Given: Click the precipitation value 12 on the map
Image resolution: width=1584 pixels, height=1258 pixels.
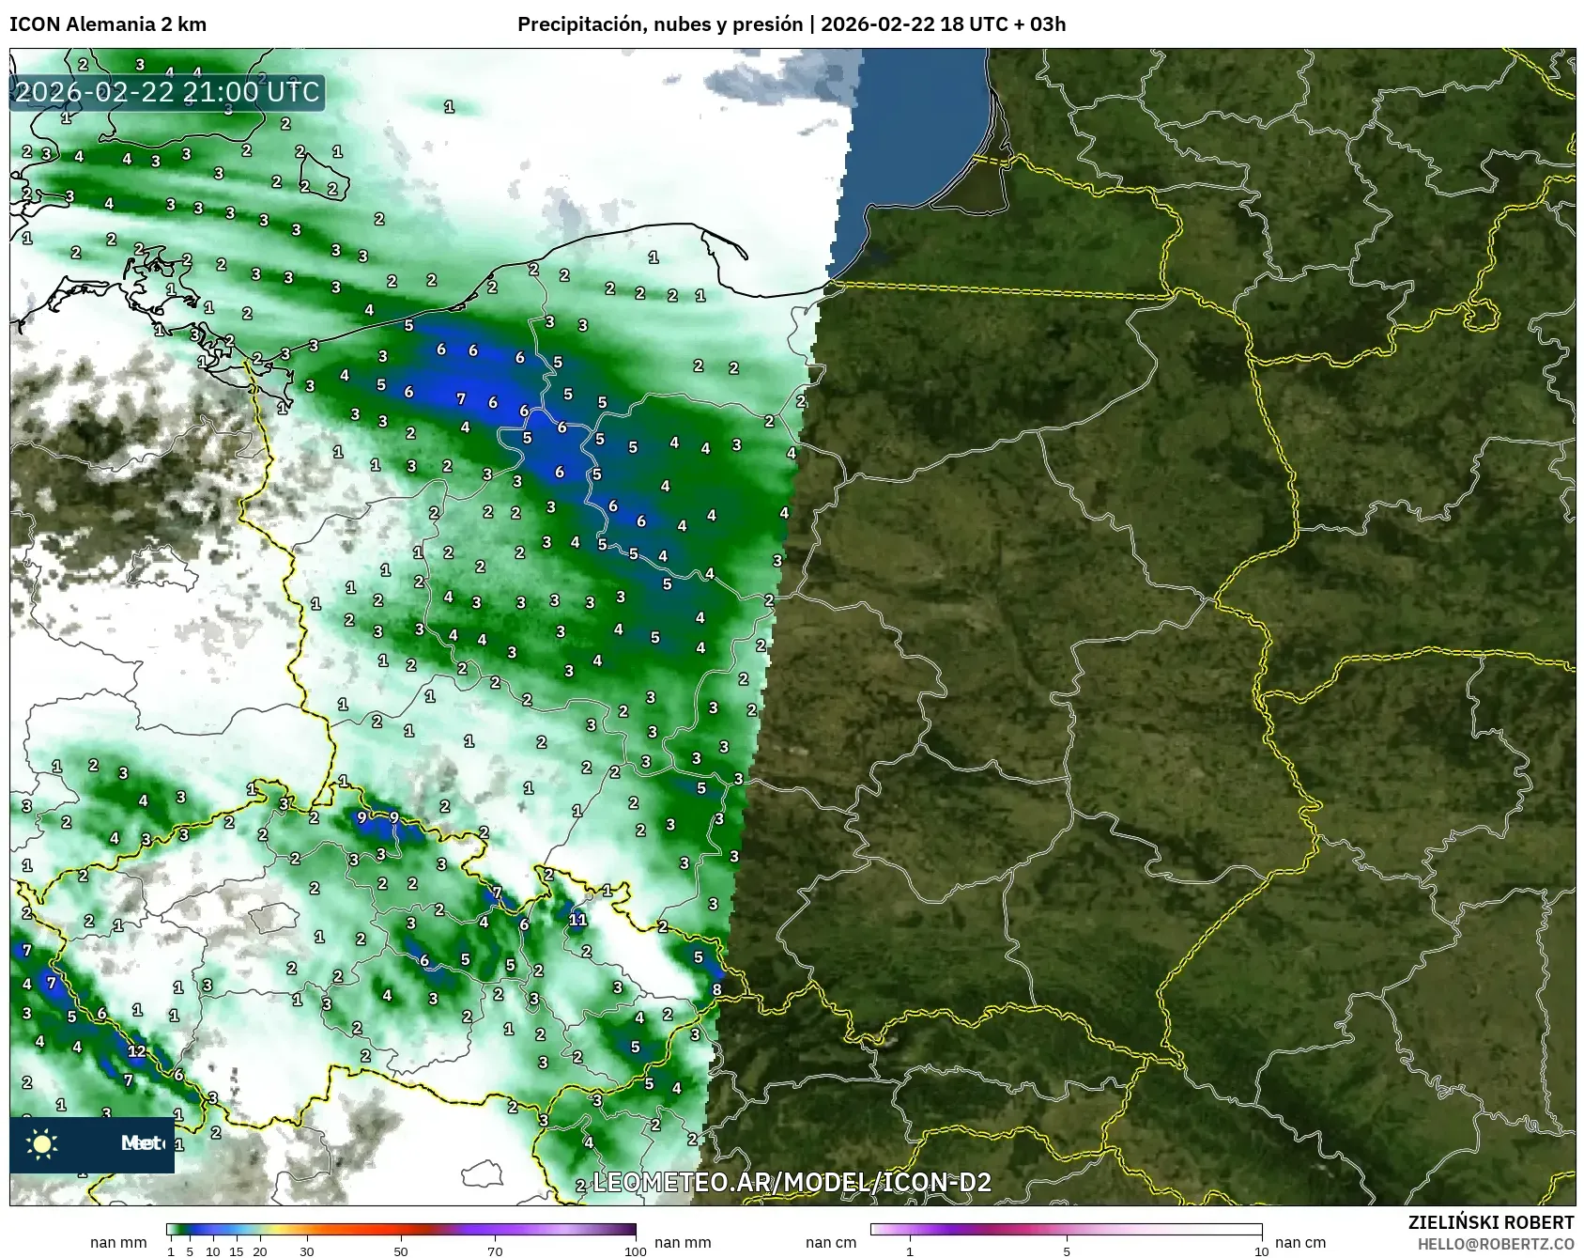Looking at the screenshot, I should tap(137, 1050).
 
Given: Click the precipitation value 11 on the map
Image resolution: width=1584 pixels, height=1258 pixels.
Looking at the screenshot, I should tap(577, 919).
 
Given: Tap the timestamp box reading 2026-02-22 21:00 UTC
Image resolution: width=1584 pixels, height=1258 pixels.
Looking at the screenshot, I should tap(168, 92).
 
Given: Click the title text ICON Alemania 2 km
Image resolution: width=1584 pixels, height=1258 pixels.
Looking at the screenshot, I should tap(108, 24).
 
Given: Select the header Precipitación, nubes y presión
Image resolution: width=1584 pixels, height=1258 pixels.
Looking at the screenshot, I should tap(660, 24).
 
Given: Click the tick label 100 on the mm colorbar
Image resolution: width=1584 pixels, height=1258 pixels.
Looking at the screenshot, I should tap(636, 1250).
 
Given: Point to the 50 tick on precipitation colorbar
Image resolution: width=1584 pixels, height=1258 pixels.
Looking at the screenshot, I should tap(401, 1250).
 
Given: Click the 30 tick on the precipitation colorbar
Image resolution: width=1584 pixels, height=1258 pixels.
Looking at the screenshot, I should tap(307, 1250).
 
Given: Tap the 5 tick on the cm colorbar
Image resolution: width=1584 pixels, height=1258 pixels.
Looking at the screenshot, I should tap(1067, 1250).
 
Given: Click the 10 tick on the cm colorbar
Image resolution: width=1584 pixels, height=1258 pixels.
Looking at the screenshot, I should tap(1261, 1250).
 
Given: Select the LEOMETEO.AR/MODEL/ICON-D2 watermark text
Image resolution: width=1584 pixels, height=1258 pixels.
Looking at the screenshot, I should tap(792, 1182).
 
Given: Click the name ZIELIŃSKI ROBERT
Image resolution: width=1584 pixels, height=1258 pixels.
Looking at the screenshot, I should tap(1491, 1222).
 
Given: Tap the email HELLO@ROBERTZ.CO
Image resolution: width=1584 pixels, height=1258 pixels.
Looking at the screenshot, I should tap(1496, 1244).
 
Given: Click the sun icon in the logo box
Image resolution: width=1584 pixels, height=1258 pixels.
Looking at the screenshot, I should tap(42, 1143).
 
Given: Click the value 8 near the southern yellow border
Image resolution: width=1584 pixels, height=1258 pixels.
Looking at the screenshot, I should tap(716, 989).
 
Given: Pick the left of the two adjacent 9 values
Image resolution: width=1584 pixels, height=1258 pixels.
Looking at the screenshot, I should tap(361, 817).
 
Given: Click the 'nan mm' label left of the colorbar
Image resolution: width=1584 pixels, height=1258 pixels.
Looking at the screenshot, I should tap(118, 1242).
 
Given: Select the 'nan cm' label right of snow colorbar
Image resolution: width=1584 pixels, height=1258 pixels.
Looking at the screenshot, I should tap(1299, 1242).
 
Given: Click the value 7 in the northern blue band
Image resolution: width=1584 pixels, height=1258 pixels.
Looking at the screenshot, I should tap(460, 398).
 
